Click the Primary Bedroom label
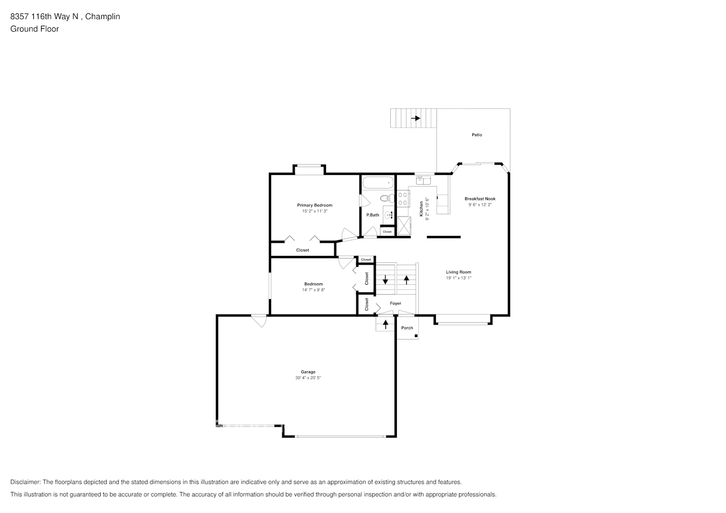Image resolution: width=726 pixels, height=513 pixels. pos(314,205)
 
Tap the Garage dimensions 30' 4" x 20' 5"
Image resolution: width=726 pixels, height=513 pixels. pos(308,378)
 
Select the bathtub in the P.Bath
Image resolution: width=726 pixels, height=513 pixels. pos(378,183)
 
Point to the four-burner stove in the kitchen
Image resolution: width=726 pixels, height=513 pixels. pos(403,199)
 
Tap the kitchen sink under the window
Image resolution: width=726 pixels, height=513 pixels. pos(424,180)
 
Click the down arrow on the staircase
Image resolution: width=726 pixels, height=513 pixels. pos(386,280)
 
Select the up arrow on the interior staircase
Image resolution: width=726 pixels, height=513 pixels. pos(407,280)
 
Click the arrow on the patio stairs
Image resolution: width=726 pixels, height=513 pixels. pos(415,118)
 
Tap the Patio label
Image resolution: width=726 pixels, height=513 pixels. pos(477,135)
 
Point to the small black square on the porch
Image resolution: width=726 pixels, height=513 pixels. pos(416,337)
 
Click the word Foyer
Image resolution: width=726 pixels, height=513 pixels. pos(395,303)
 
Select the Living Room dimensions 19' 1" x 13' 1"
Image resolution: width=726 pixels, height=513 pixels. pos(458,278)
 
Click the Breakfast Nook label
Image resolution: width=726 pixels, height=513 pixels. pos(480,199)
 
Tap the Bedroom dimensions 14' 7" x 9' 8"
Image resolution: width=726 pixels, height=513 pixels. pos(313,290)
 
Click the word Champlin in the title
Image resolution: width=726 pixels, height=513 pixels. pos(102,16)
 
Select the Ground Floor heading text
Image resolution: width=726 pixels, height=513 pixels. pos(34,29)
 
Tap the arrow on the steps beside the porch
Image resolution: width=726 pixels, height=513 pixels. pos(386,324)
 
